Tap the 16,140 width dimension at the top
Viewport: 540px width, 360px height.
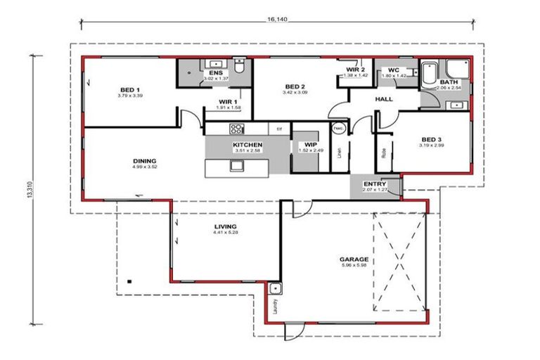278,20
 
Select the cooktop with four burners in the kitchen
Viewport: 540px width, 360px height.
236,129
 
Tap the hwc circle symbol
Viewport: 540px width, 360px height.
338,129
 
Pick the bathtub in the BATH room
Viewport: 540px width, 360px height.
429,72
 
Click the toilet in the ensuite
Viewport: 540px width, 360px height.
239,69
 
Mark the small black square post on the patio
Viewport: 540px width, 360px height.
130,281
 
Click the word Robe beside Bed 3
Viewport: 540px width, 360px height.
384,150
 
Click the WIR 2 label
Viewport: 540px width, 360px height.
356,70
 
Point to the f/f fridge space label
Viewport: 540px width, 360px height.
279,129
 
